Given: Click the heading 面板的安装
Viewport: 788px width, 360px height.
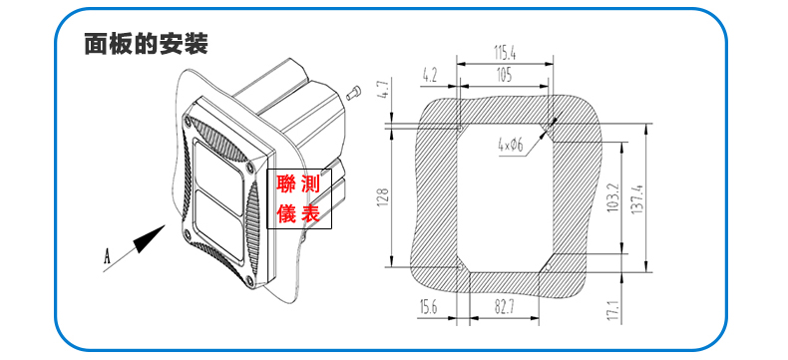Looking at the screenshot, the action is pyautogui.click(x=146, y=44).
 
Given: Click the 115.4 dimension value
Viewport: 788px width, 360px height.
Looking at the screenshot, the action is pyautogui.click(x=505, y=52).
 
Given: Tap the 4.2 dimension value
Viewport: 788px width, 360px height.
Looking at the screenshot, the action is pyautogui.click(x=430, y=76).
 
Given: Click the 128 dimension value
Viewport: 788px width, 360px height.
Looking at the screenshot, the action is pyautogui.click(x=383, y=196).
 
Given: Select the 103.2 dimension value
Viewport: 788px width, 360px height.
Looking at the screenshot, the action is pyautogui.click(x=612, y=198).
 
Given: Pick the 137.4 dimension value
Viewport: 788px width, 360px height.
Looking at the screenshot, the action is pyautogui.click(x=637, y=198).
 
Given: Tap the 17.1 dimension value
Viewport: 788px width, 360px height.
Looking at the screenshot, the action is pyautogui.click(x=612, y=311).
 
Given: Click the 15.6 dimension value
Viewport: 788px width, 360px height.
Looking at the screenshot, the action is pyautogui.click(x=429, y=307).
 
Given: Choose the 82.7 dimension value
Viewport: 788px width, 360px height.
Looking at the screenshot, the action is pyautogui.click(x=504, y=307).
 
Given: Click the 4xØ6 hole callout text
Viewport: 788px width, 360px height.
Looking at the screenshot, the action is pyautogui.click(x=511, y=147).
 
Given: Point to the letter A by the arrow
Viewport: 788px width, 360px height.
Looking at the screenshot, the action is pyautogui.click(x=107, y=256).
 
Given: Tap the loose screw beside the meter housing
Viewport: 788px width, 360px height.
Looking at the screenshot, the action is pyautogui.click(x=354, y=93).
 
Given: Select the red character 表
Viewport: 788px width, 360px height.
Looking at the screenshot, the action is pyautogui.click(x=310, y=213).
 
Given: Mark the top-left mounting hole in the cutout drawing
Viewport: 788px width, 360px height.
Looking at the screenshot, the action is pyautogui.click(x=460, y=128).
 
